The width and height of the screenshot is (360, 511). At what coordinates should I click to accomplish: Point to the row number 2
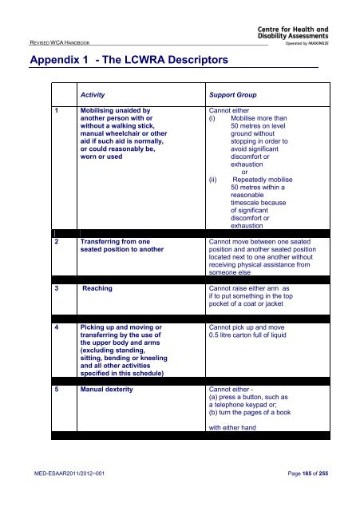[x=57, y=240]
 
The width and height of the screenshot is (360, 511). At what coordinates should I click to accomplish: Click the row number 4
[x=57, y=328]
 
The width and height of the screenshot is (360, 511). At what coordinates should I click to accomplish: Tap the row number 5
[x=57, y=391]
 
